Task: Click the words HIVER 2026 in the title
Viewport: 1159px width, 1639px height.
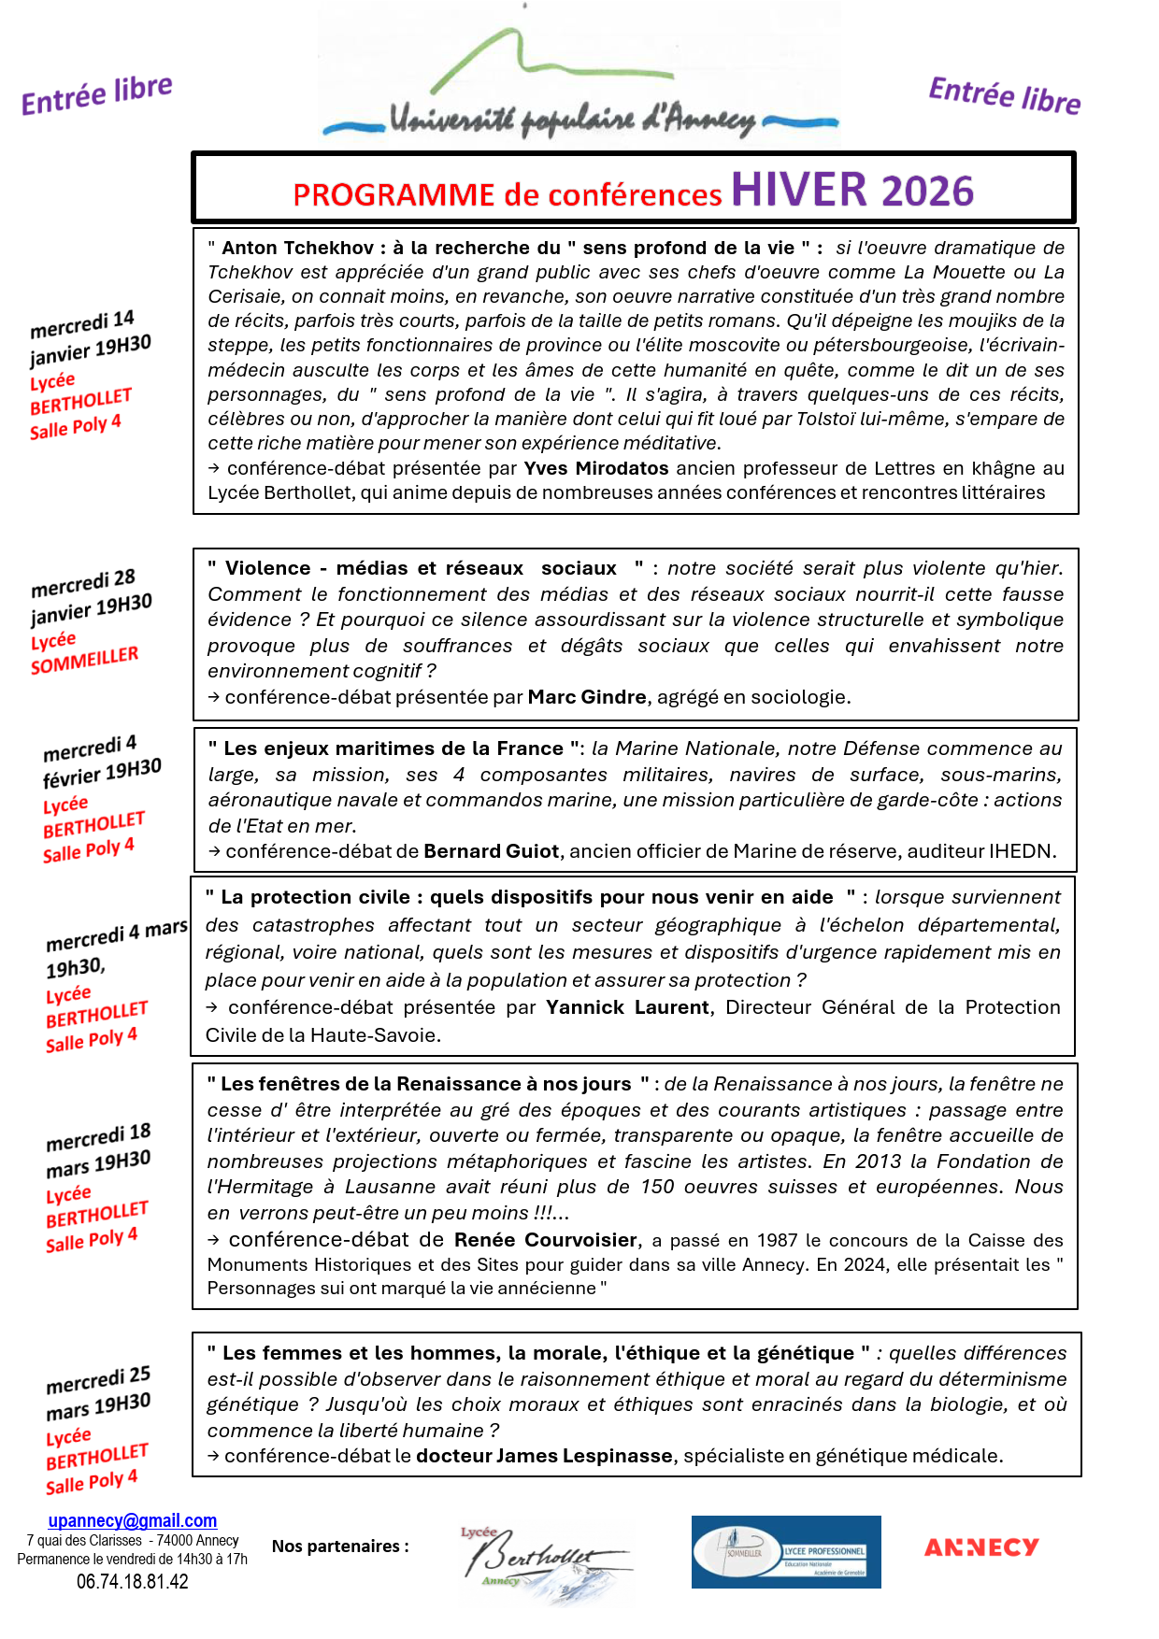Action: tap(851, 191)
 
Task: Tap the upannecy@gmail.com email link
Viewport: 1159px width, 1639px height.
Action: tap(133, 1521)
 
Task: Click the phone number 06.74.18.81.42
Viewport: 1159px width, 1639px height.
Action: tap(133, 1582)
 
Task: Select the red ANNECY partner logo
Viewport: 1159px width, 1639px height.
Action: tap(981, 1548)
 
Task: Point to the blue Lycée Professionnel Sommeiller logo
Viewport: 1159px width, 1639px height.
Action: tap(786, 1552)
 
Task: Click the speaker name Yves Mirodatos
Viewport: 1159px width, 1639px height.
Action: tap(596, 468)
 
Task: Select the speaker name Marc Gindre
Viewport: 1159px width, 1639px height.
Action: tap(587, 697)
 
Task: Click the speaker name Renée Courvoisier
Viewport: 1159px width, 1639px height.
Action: tap(546, 1240)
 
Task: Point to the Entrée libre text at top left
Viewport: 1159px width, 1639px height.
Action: tap(97, 95)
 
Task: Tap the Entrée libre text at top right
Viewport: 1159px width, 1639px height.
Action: tap(1005, 96)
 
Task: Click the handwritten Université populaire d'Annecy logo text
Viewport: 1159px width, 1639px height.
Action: tap(572, 120)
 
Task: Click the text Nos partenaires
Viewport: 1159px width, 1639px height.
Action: tap(340, 1546)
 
